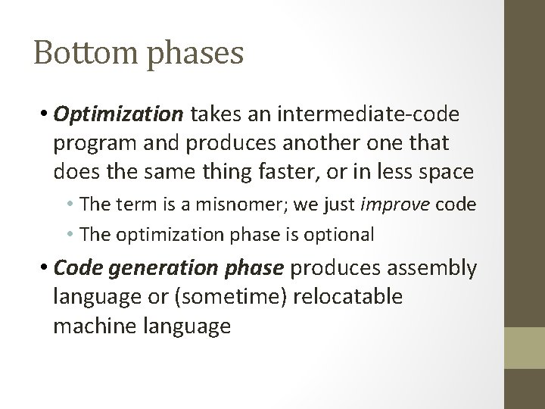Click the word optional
[345, 235]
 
